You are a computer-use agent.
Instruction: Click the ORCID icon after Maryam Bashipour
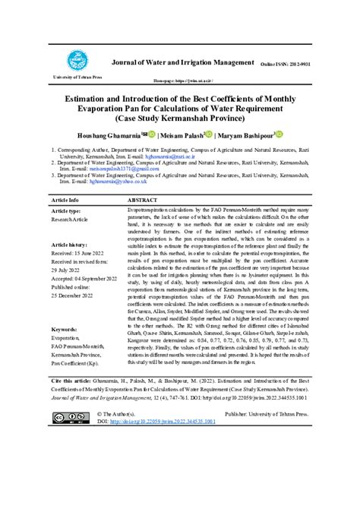coord(279,134)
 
